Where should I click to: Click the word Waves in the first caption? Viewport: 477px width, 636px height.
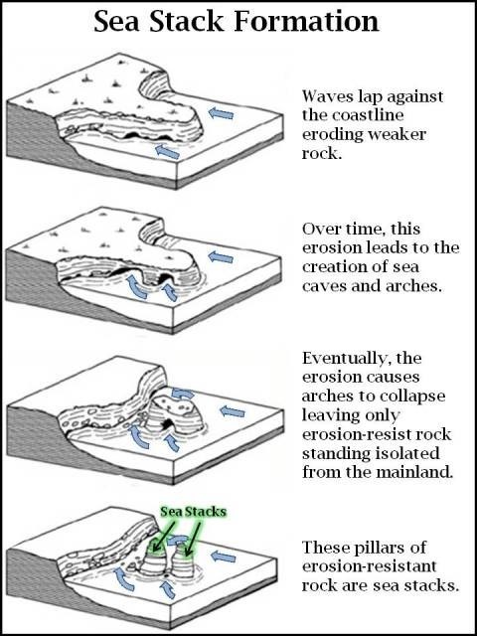coord(326,98)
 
